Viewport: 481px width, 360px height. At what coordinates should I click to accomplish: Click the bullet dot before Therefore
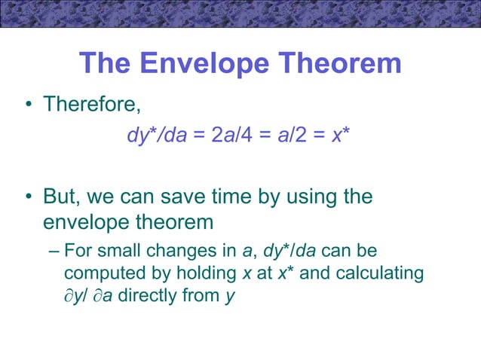point(26,105)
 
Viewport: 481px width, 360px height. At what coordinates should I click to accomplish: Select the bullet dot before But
point(26,198)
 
